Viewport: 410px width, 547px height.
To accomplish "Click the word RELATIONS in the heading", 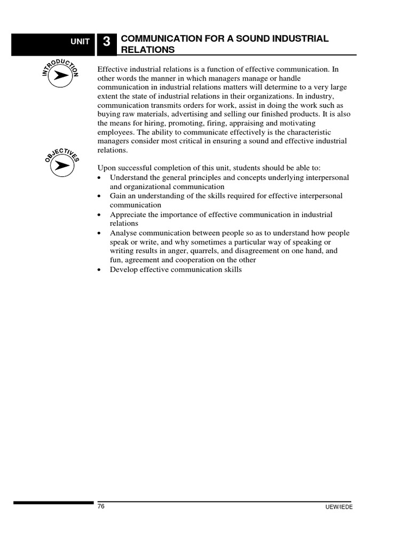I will pyautogui.click(x=148, y=50).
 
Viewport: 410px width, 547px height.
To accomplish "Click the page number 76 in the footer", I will pyautogui.click(x=101, y=506).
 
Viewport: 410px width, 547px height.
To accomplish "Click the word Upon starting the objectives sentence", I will pyautogui.click(x=107, y=168).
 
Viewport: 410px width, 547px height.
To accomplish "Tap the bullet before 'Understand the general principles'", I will pyautogui.click(x=100, y=178).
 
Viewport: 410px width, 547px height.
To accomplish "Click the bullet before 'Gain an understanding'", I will pyautogui.click(x=100, y=197).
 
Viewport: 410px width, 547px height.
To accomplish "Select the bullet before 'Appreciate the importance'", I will pyautogui.click(x=100, y=215).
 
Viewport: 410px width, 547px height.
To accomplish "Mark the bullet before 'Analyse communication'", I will pyautogui.click(x=100, y=233).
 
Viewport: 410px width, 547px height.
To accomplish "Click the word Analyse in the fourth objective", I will pyautogui.click(x=123, y=233).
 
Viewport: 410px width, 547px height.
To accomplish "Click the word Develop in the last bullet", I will pyautogui.click(x=123, y=270).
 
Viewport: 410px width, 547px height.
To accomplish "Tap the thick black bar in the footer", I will pyautogui.click(x=53, y=503).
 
